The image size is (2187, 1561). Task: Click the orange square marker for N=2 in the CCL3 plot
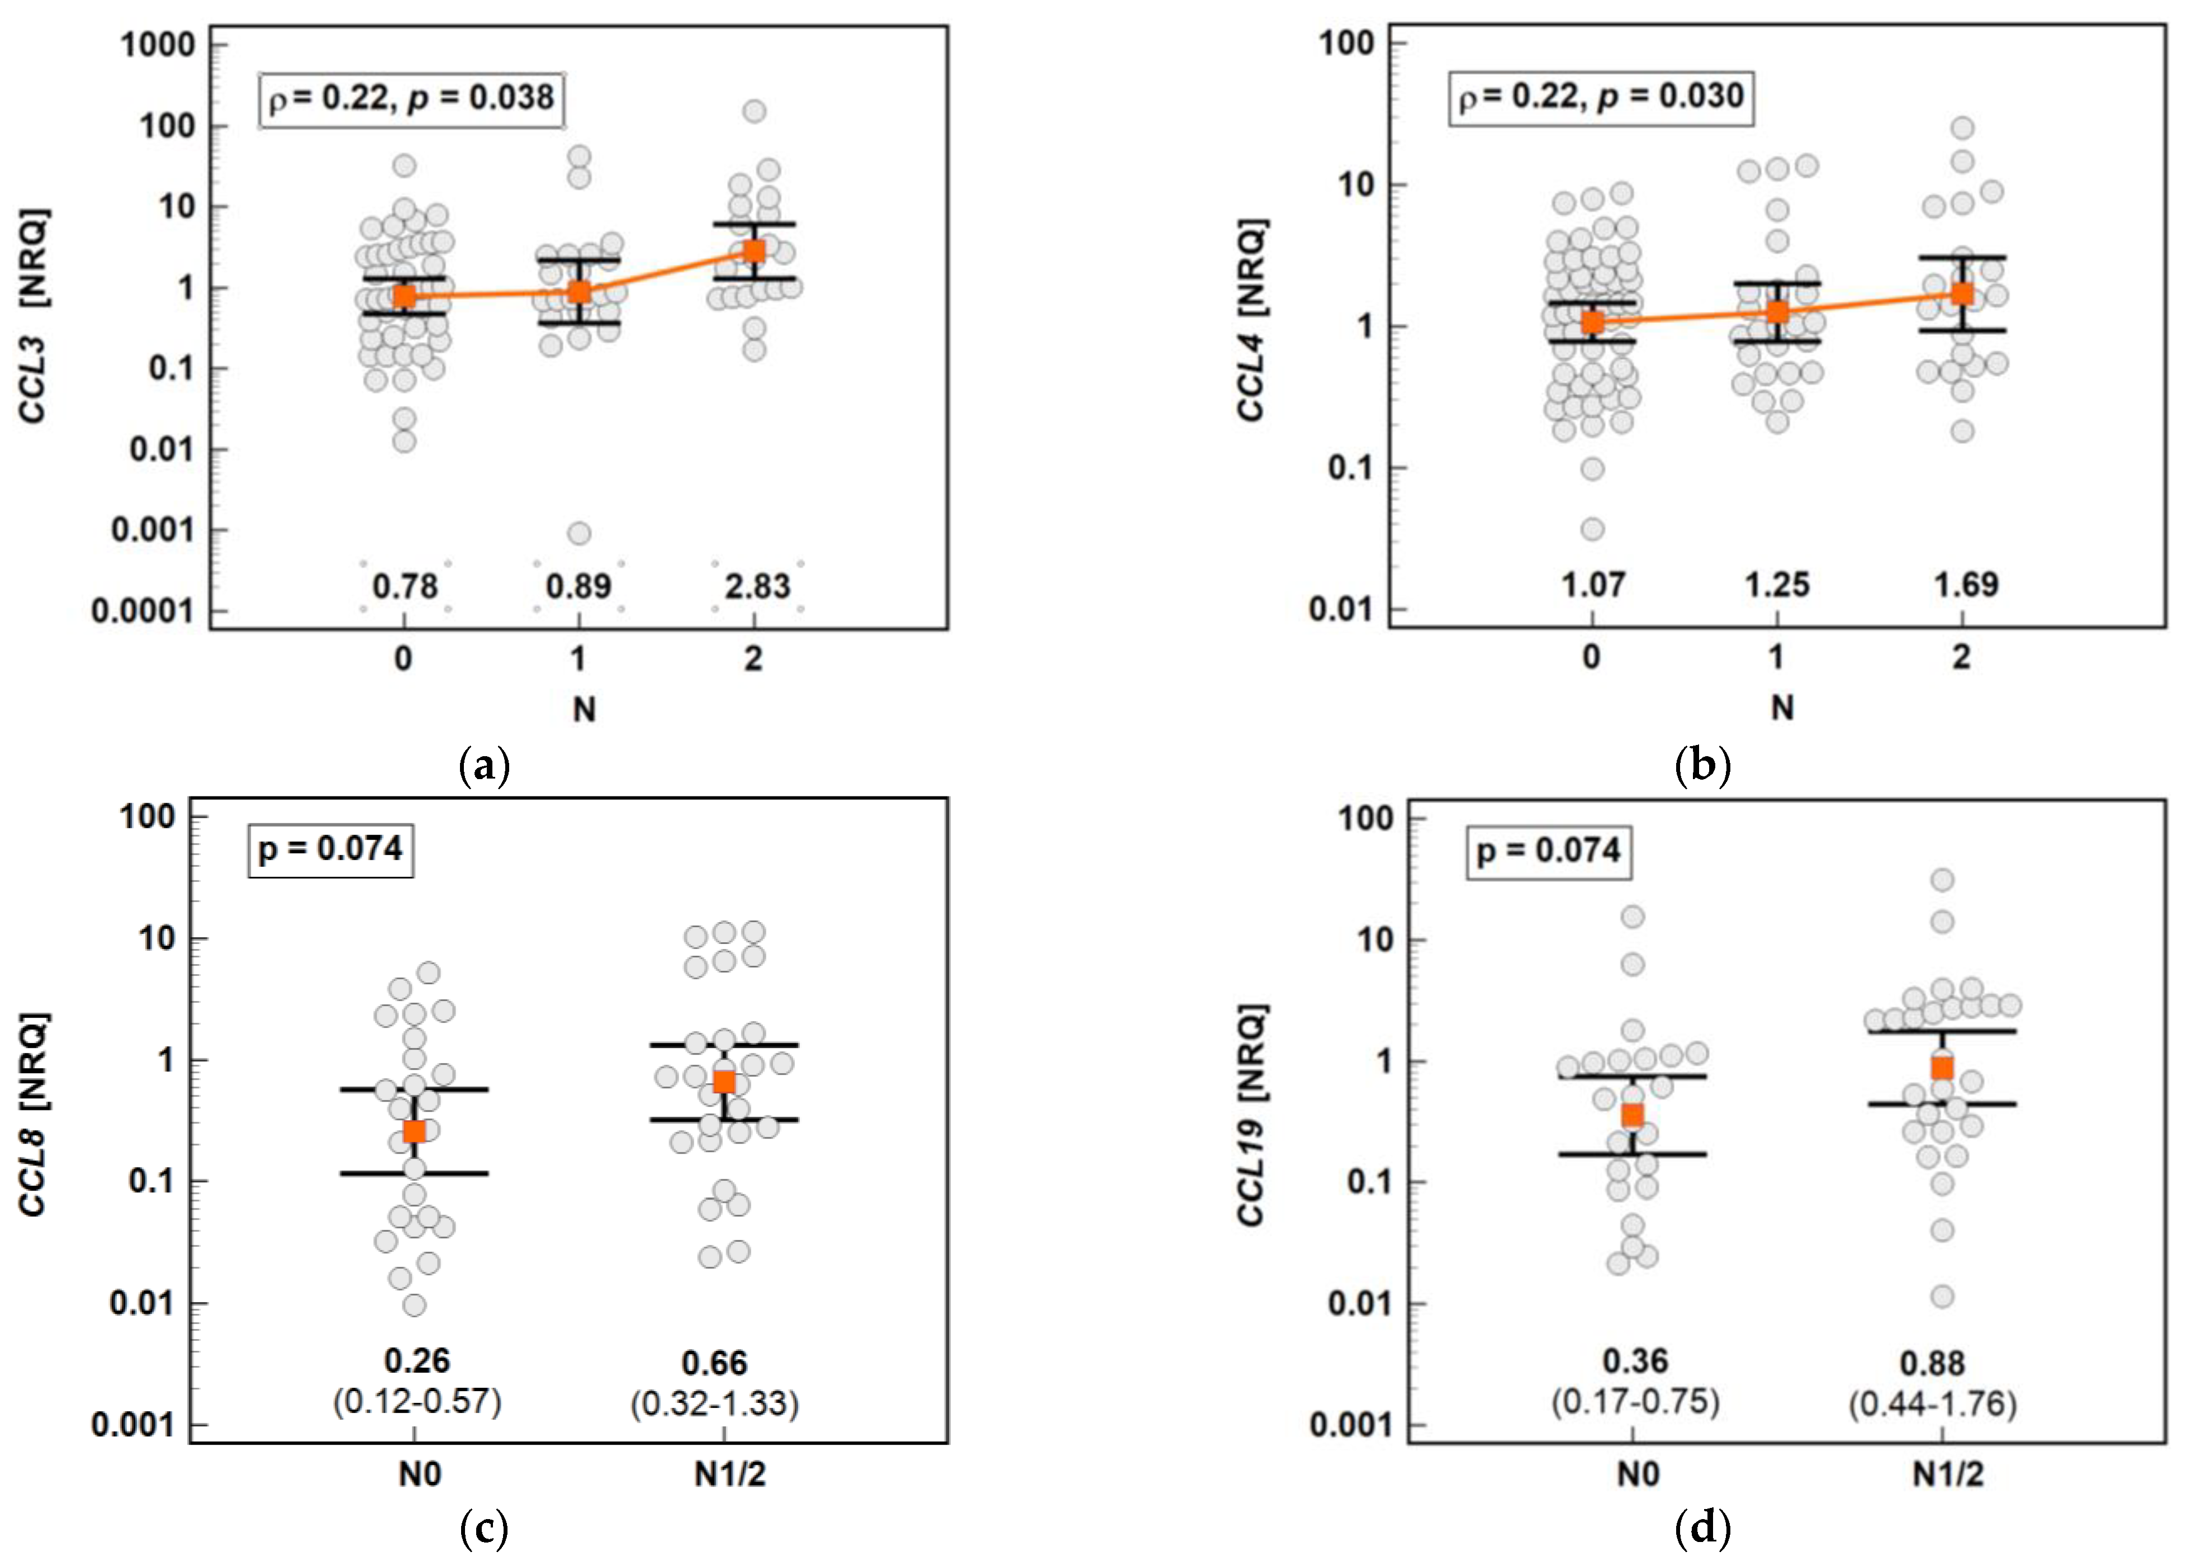[x=755, y=251]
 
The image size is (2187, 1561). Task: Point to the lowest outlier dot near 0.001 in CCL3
[x=578, y=533]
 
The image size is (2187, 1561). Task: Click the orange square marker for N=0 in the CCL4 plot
[x=1593, y=322]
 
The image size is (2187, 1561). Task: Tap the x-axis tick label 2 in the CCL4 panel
[x=1961, y=657]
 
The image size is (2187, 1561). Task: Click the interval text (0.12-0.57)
[x=417, y=1402]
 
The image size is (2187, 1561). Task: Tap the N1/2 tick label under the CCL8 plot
[x=729, y=1473]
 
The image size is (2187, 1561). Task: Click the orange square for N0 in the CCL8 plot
[x=414, y=1131]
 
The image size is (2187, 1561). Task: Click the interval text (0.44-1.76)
[x=1932, y=1405]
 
